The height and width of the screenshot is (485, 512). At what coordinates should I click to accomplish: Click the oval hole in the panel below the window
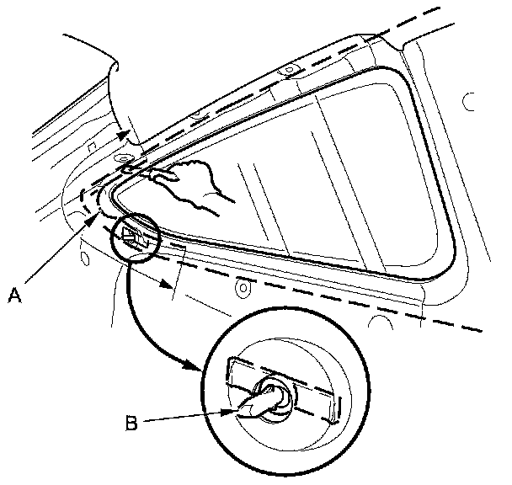[243, 288]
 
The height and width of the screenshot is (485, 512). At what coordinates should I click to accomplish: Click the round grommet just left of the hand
[124, 158]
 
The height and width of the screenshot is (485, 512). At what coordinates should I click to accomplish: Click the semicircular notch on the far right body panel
[466, 103]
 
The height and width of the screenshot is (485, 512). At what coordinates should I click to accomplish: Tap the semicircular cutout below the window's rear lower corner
[381, 322]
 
